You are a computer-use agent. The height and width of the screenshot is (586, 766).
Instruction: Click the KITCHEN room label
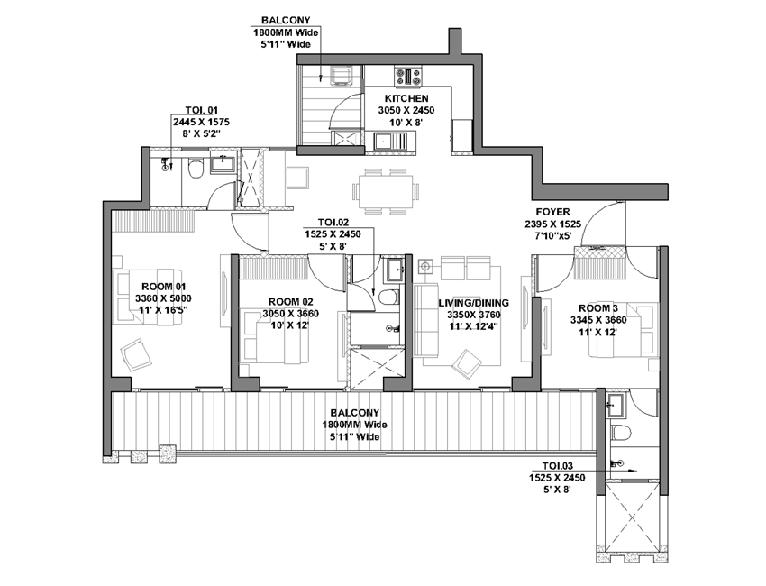pos(406,99)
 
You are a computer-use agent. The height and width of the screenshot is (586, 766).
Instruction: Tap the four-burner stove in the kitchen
pos(408,77)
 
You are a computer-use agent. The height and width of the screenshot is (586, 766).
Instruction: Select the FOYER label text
pos(552,212)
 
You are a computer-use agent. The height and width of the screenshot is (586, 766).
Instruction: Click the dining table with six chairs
pos(386,191)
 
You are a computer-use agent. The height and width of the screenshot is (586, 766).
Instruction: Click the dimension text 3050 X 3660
pos(291,314)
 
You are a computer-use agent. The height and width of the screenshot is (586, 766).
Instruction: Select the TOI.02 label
pos(333,223)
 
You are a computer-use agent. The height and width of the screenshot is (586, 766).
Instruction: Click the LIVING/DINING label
pos(473,303)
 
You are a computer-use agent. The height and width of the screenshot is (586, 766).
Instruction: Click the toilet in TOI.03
pos(620,432)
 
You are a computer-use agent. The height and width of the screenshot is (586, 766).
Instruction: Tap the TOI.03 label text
pos(558,466)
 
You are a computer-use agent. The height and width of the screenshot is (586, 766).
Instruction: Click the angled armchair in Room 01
pos(135,353)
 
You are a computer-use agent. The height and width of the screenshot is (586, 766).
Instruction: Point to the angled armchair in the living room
pos(467,363)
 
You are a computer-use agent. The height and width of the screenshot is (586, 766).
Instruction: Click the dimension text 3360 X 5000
pos(163,298)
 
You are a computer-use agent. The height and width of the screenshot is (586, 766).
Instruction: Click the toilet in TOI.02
pos(389,297)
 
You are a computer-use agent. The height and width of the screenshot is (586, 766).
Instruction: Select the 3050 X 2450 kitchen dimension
pos(406,111)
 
